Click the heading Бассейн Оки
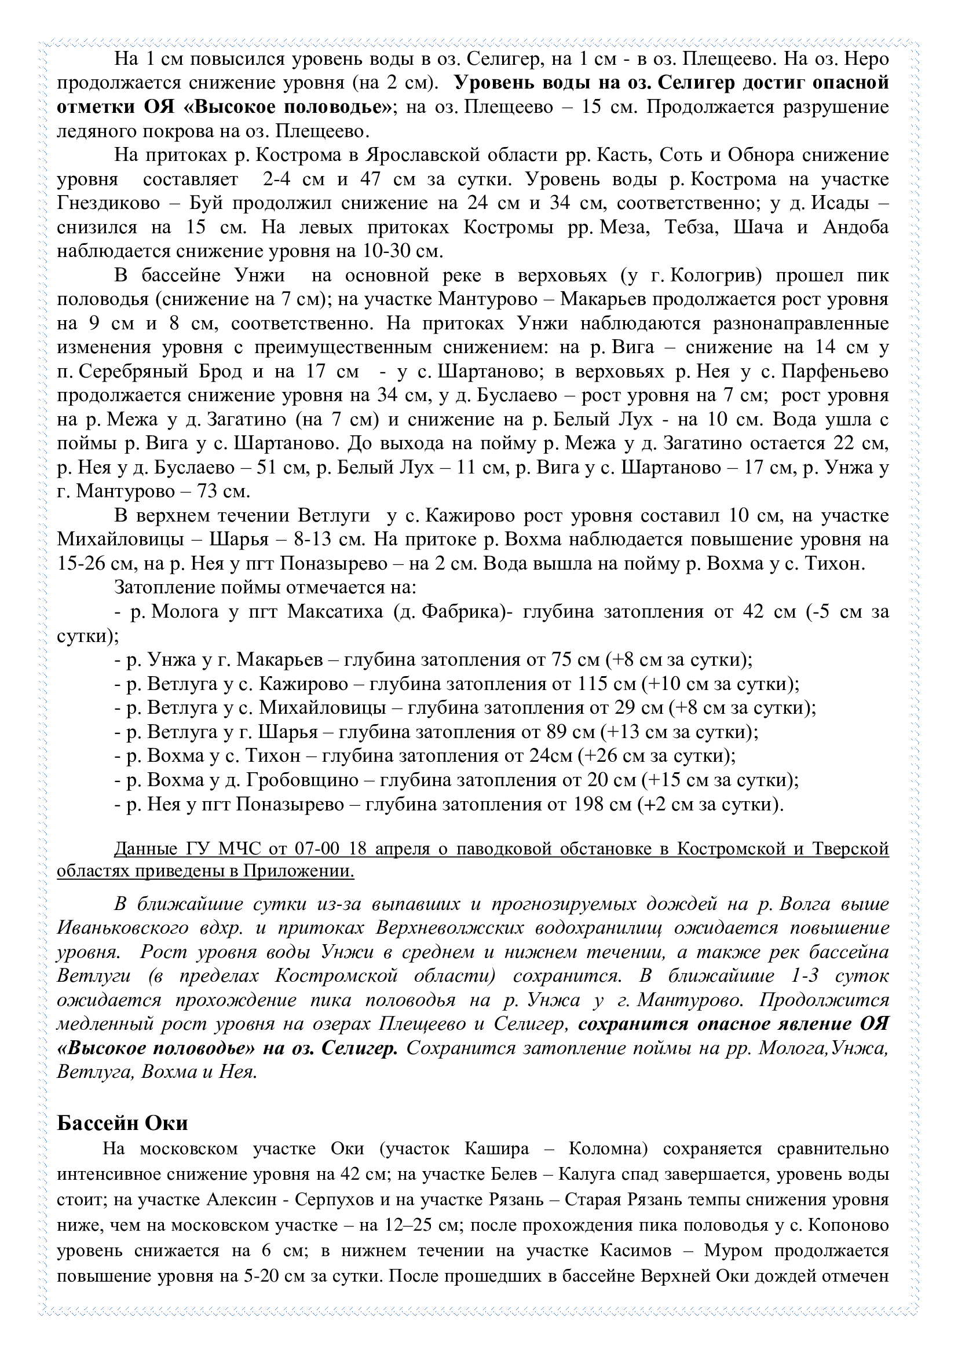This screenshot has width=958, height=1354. pos(122,1123)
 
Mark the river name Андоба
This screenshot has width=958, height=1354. pos(855,227)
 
